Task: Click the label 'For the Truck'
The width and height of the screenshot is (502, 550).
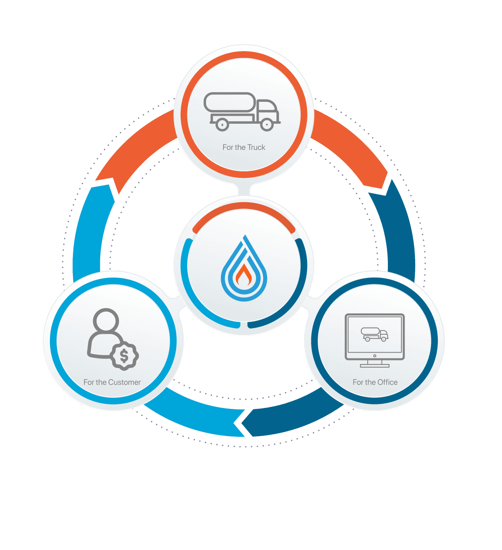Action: click(x=244, y=147)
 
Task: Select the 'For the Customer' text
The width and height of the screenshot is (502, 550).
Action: click(x=112, y=382)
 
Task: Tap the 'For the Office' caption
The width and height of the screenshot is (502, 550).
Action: click(x=375, y=382)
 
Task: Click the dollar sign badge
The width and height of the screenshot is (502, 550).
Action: click(x=124, y=356)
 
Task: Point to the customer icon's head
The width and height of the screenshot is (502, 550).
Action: click(x=106, y=320)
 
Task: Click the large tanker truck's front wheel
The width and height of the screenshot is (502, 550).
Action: click(x=267, y=125)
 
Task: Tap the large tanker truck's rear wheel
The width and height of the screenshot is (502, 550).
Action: click(x=222, y=125)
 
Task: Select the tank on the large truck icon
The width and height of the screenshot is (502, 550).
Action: click(x=230, y=102)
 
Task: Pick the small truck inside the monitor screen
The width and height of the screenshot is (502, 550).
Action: click(x=374, y=334)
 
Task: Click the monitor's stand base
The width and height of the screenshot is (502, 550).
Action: click(x=374, y=366)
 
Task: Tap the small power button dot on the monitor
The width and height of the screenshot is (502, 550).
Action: click(x=374, y=356)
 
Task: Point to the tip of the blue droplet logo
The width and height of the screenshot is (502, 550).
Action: click(x=245, y=235)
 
